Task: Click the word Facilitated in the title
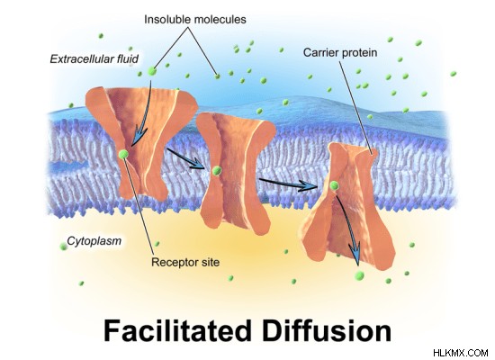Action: [177, 331]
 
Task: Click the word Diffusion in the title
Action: [327, 331]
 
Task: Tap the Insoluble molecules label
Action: [195, 20]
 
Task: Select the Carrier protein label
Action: [340, 52]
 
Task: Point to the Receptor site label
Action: [185, 263]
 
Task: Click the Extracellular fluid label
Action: [94, 59]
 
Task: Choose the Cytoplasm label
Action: [94, 241]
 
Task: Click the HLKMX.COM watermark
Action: [461, 353]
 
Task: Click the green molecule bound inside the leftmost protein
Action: [123, 155]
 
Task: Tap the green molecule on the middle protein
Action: [217, 171]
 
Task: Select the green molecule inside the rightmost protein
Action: [334, 185]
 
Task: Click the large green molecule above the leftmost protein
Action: [152, 71]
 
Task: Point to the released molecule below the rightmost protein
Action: [359, 275]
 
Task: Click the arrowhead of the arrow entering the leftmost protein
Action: [136, 138]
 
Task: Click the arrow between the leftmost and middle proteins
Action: [186, 158]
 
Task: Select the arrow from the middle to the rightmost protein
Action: [288, 184]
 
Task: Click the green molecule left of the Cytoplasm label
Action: [64, 247]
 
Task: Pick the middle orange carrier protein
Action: [235, 174]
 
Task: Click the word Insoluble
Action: [167, 20]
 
